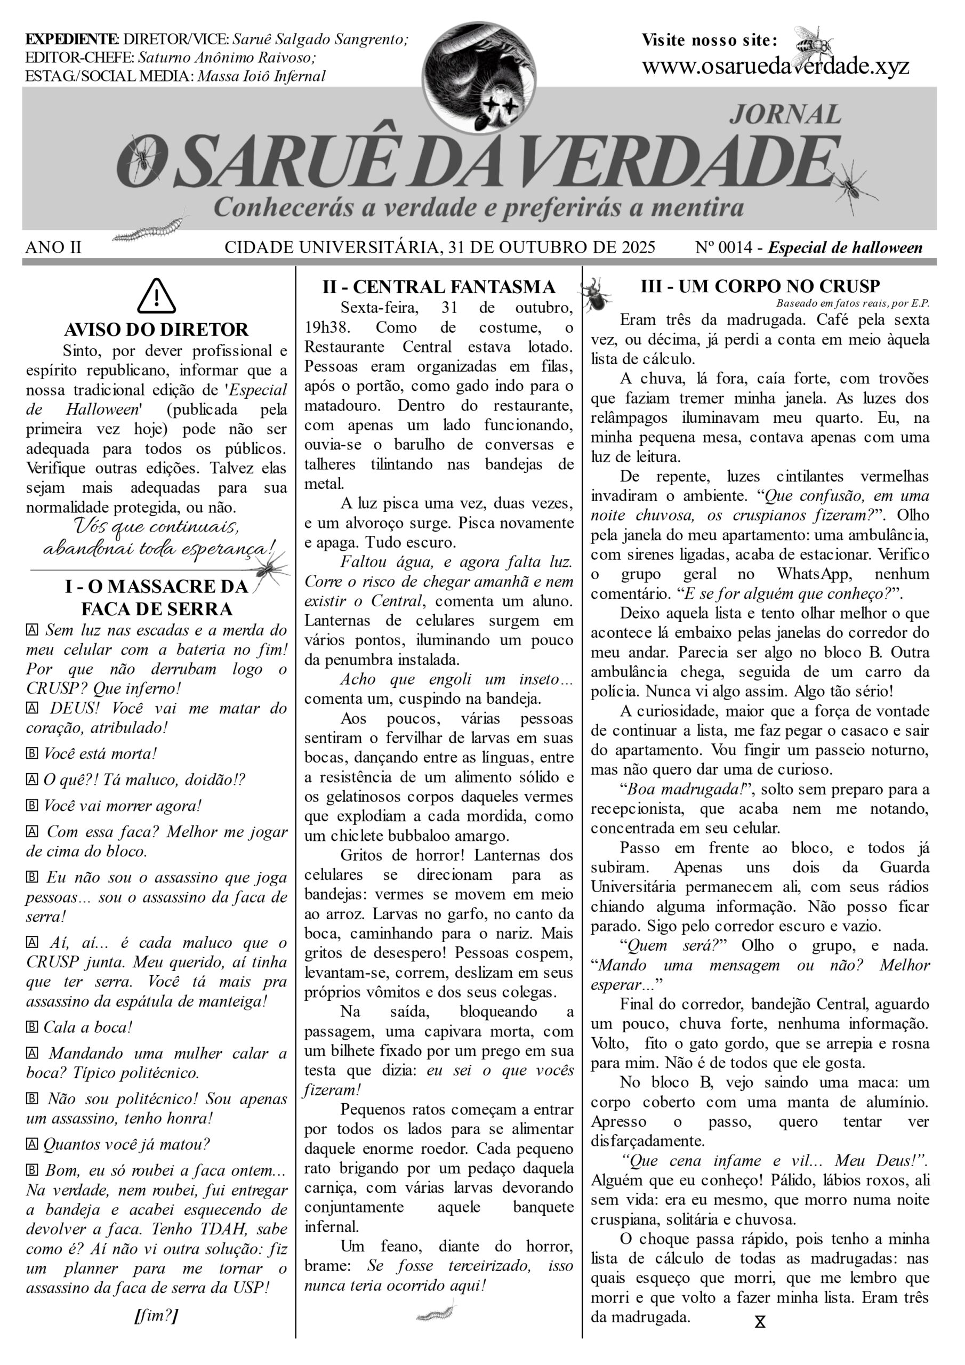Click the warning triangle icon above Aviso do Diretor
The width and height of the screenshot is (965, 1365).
tap(156, 296)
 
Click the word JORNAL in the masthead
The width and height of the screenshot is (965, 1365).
tap(785, 114)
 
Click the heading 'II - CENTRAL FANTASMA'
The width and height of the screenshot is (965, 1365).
tap(439, 287)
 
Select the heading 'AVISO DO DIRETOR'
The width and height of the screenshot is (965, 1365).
tap(156, 330)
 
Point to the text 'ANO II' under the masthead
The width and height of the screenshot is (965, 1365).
tap(53, 247)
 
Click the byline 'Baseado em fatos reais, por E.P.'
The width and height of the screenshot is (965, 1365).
tap(852, 304)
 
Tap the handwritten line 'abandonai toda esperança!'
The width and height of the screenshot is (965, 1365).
tap(159, 548)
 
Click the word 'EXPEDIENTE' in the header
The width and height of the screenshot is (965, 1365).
tap(72, 40)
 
